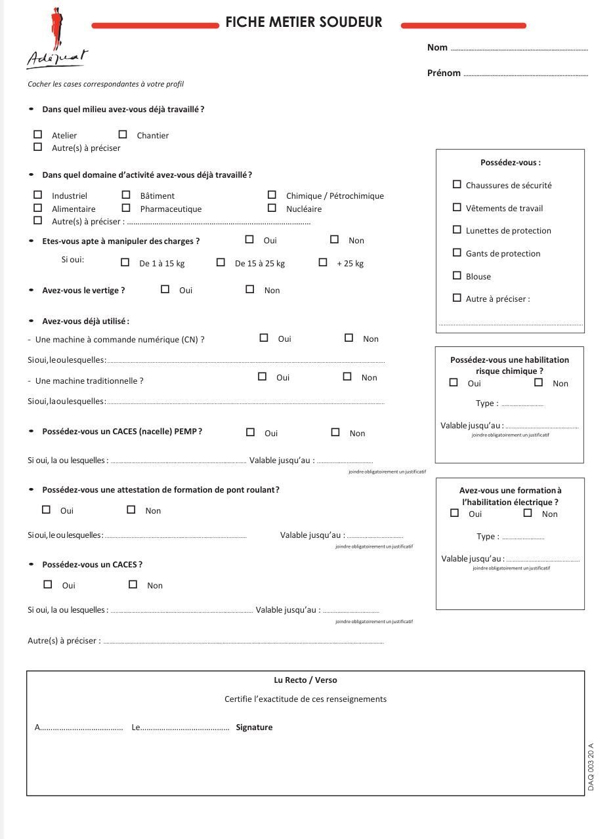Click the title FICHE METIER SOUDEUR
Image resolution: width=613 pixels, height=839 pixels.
[x=304, y=22]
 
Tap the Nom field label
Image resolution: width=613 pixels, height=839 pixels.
[x=437, y=47]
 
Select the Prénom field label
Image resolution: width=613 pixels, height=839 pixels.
[x=444, y=73]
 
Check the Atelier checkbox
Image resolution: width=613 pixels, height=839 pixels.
[x=38, y=134]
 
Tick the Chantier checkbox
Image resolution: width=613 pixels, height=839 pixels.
[x=123, y=134]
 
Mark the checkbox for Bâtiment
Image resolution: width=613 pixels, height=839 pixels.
[x=126, y=195]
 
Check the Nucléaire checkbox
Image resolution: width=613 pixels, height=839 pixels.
[x=272, y=208]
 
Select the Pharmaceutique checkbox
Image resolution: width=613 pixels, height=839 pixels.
[x=126, y=208]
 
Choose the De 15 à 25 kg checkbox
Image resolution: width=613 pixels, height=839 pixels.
[x=221, y=262]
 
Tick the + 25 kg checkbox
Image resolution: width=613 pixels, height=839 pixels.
[x=323, y=262]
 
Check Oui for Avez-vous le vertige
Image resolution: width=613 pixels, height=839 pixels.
[x=165, y=289]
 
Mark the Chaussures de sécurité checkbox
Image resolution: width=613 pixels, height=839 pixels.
[x=457, y=184]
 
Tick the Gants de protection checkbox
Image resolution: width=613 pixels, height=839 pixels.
[x=457, y=253]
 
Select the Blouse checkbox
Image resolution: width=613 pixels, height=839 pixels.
[x=457, y=276]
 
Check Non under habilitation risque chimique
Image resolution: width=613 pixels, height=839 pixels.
[x=539, y=382]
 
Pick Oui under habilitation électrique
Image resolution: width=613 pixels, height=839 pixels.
[x=454, y=513]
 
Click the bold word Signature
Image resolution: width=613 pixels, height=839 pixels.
[x=254, y=727]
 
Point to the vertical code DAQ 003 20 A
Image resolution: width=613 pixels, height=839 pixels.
[x=591, y=766]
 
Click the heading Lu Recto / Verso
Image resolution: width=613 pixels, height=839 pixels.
[x=305, y=680]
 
